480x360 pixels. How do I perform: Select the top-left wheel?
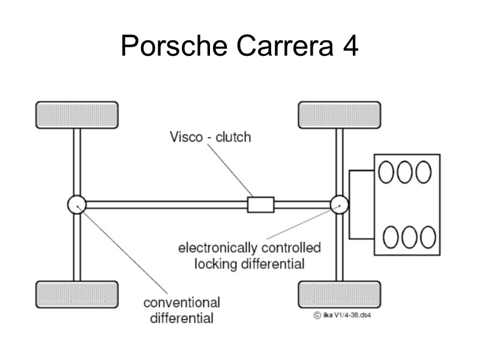click(77, 115)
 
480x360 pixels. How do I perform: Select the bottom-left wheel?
click(77, 294)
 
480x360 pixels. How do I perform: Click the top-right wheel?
click(340, 115)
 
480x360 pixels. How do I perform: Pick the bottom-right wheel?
click(340, 294)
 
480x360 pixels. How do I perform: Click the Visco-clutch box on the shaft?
click(260, 205)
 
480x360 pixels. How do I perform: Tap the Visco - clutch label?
click(209, 137)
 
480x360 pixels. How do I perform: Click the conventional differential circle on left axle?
click(77, 205)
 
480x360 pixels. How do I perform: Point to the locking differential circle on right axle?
click(340, 205)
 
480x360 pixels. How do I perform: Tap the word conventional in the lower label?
click(181, 302)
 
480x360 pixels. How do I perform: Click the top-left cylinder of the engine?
click(386, 172)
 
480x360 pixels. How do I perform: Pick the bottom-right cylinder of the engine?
click(428, 237)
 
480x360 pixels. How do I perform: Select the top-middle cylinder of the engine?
click(405, 172)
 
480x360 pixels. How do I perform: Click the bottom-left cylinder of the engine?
click(391, 237)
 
